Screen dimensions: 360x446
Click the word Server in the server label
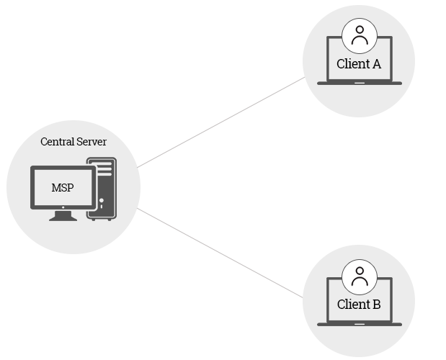click(91, 142)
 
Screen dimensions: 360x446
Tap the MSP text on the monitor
click(63, 188)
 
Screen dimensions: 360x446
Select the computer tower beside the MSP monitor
click(102, 189)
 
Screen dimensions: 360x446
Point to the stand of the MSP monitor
click(63, 215)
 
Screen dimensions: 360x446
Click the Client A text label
click(359, 64)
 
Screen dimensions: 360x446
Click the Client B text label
click(359, 305)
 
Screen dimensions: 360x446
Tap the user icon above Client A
click(360, 35)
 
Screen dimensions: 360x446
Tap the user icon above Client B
click(360, 276)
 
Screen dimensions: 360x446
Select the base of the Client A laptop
click(360, 83)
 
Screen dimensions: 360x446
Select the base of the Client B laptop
click(360, 324)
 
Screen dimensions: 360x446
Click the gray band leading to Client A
click(221, 122)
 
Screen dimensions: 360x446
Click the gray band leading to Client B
click(221, 253)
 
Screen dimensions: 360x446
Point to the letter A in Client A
click(376, 64)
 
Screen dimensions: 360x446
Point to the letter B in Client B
click(376, 305)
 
